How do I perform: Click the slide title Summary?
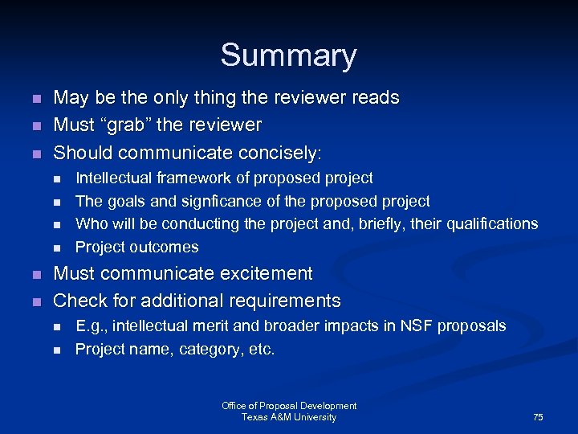point(288,55)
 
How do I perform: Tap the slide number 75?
point(538,417)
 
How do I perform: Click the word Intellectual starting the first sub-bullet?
point(112,178)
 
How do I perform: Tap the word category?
point(209,350)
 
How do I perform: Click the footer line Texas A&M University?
point(289,417)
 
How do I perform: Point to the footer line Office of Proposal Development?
point(289,406)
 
